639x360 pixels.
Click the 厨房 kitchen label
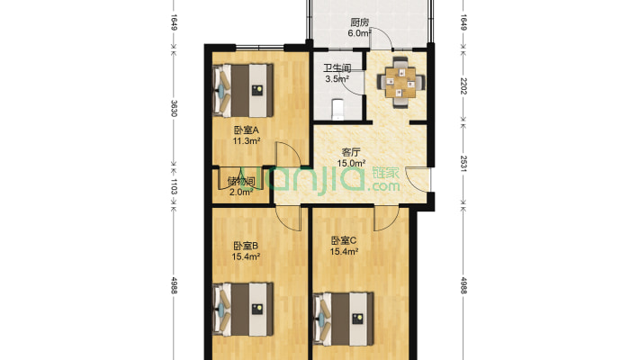359,22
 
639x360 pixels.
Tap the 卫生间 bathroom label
337,67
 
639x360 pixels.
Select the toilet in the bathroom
337,109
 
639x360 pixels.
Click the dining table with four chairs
400,83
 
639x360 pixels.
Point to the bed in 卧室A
243,90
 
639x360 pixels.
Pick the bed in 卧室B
243,310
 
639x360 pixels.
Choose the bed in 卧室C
343,319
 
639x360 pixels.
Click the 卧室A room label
246,130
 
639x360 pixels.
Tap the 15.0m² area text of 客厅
351,163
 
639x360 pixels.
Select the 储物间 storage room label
241,182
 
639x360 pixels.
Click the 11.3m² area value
246,141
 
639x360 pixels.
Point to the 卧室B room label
246,247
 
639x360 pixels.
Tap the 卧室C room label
344,240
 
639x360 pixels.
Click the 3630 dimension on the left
174,108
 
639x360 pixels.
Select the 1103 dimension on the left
174,186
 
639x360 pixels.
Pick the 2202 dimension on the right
463,85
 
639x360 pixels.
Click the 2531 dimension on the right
463,164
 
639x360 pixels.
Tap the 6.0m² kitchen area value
359,33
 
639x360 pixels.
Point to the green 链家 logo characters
385,173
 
